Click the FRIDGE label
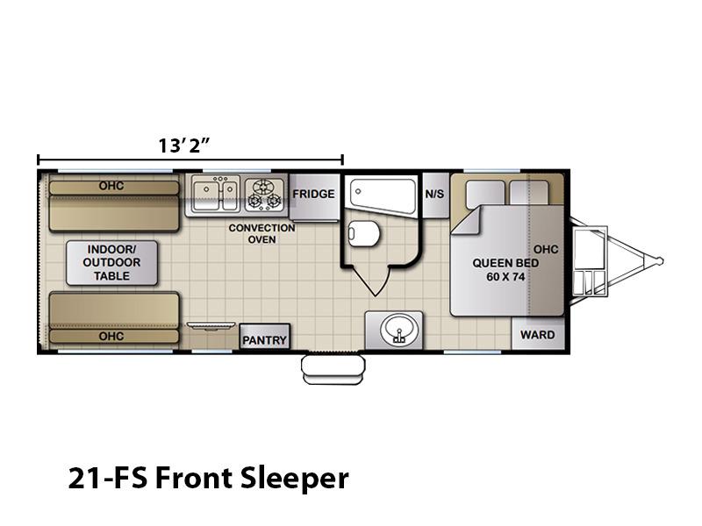(313, 194)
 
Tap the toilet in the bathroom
(363, 233)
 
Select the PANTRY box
(265, 337)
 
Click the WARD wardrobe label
(537, 335)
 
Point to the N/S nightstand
(434, 194)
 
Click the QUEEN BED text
(506, 263)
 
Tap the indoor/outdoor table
(112, 263)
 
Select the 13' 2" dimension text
(184, 146)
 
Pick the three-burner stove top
(265, 194)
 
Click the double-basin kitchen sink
(215, 193)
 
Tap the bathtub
(383, 195)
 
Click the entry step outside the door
(333, 369)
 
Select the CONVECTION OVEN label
(261, 234)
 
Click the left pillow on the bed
(485, 194)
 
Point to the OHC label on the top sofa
(111, 186)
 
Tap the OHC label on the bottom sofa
(111, 337)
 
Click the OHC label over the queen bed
(546, 249)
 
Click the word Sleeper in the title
(294, 479)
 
